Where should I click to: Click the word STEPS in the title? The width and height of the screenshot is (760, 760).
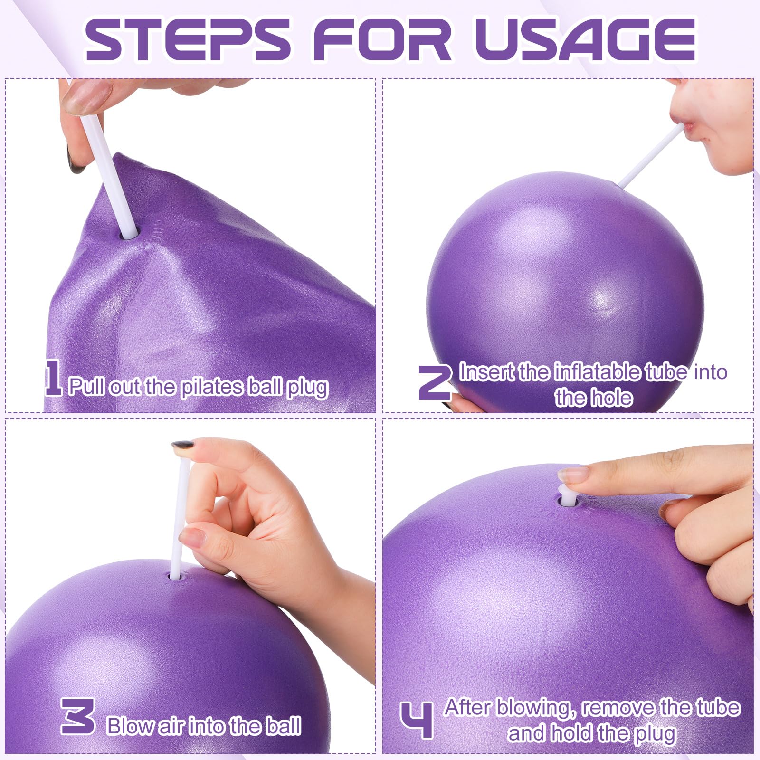(187, 40)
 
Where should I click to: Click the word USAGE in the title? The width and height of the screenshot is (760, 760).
(585, 40)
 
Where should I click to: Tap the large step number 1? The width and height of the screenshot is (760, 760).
(53, 377)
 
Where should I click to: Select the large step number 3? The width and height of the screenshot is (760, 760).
(78, 716)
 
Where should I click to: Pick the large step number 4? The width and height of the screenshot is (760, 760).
(417, 721)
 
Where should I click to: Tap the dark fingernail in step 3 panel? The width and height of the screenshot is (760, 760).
(182, 445)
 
